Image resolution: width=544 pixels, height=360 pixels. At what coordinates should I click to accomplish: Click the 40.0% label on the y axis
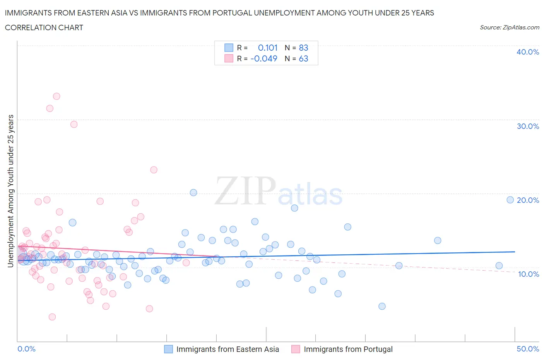point(527,52)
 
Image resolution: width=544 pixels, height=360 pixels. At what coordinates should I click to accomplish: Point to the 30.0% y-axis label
point(527,126)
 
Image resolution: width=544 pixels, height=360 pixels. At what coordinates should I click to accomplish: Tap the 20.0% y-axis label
point(527,200)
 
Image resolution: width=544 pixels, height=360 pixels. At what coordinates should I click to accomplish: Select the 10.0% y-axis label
point(527,274)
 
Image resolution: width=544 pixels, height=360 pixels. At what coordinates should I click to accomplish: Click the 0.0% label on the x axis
point(26,349)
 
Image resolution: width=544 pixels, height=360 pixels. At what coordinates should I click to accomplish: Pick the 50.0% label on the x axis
point(527,349)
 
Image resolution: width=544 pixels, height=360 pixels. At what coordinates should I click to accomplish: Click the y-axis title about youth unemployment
point(10,191)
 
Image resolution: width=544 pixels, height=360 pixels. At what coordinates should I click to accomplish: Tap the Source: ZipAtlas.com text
point(509,27)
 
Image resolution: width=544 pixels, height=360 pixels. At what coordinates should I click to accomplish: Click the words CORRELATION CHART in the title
point(44,27)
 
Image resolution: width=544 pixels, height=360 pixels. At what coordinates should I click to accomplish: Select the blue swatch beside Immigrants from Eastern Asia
point(168,349)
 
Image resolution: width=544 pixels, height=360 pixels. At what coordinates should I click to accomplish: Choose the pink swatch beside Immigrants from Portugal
point(296,349)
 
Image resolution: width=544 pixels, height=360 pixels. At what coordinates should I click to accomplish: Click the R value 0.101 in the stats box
point(267,48)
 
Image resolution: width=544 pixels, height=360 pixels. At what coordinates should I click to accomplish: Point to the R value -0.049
point(264,58)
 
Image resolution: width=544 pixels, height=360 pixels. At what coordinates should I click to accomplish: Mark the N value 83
point(303,48)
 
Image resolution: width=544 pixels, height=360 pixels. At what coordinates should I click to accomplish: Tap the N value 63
point(303,58)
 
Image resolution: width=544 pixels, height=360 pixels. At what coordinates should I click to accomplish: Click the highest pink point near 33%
point(56,96)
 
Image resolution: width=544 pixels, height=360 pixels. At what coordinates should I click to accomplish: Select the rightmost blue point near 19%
point(510,200)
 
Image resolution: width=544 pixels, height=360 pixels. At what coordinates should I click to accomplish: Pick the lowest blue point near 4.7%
point(382,306)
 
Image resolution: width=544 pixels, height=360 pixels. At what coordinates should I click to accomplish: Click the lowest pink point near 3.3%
point(52,317)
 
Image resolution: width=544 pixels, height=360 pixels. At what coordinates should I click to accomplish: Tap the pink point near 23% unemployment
point(154,170)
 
